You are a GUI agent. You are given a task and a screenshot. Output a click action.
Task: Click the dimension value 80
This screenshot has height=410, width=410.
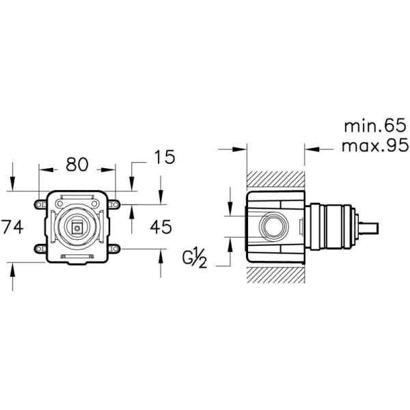tap(77, 165)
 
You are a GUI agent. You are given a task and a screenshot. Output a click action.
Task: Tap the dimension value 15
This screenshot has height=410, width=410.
tap(164, 157)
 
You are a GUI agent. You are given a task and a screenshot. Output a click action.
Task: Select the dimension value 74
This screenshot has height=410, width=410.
tap(12, 226)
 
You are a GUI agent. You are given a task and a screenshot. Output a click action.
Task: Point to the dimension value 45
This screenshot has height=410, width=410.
tap(161, 226)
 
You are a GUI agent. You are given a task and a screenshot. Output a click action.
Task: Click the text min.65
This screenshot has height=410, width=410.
tap(374, 126)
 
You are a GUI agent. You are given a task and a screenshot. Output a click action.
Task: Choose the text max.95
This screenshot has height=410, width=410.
tap(374, 146)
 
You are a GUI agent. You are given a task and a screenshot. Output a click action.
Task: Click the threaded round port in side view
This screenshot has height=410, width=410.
tap(274, 226)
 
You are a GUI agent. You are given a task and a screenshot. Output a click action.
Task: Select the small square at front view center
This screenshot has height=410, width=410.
tap(77, 228)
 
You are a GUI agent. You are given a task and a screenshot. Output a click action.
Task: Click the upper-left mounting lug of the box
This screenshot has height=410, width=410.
tap(40, 204)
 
